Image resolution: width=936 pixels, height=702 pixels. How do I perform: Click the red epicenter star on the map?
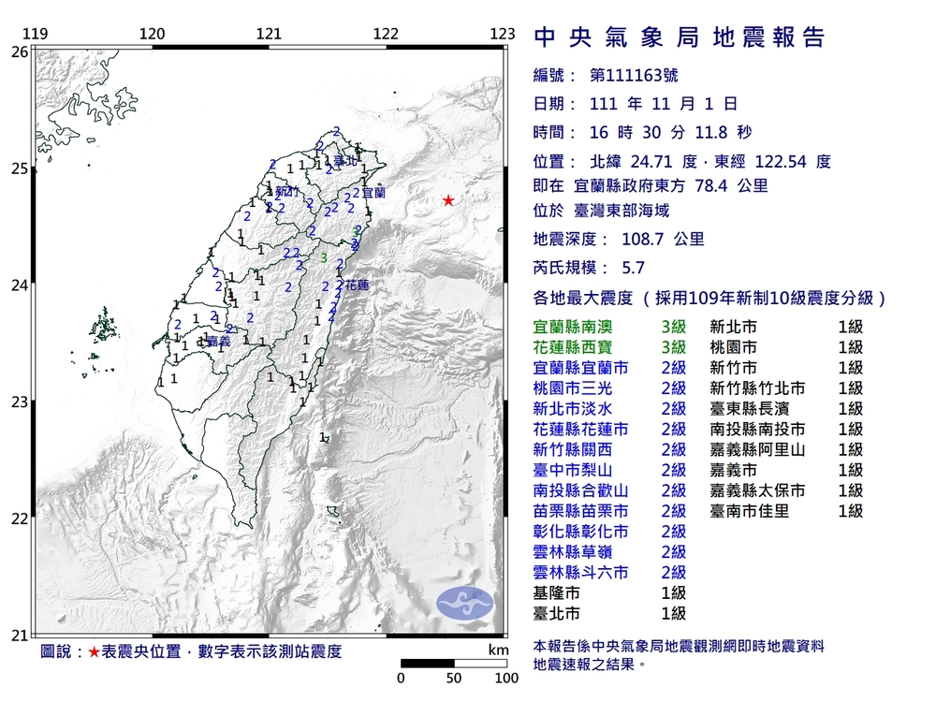pos(448,200)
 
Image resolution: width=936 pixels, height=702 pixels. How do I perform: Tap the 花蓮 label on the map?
pos(357,284)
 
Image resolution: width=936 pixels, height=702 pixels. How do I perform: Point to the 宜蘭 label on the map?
pos(373,192)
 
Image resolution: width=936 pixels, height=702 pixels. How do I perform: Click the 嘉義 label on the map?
pos(218,343)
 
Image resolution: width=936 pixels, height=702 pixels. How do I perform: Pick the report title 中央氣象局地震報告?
pos(680,37)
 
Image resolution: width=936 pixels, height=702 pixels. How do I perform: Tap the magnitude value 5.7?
pos(634,268)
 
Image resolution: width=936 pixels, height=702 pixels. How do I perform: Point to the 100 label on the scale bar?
pos(506,679)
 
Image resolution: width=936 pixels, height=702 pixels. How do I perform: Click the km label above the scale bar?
pos(498,650)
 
